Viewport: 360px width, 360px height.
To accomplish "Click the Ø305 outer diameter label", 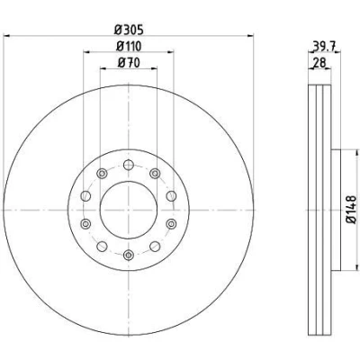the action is coord(129,30).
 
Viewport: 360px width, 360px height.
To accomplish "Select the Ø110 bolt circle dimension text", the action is coord(129,46).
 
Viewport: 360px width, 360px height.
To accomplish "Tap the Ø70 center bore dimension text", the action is coord(129,63).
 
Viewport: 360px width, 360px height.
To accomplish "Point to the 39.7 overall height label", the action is coord(324,46).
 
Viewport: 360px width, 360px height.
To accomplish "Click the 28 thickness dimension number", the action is coord(319,63).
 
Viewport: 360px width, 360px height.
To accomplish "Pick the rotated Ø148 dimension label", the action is coord(351,210).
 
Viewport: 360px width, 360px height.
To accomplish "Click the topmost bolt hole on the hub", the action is coord(129,165).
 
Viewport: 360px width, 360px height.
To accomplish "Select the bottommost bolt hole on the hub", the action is coord(129,255).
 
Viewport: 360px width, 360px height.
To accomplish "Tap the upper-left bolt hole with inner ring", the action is coord(102,173).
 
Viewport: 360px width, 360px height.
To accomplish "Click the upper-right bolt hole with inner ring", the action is coord(155,173).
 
